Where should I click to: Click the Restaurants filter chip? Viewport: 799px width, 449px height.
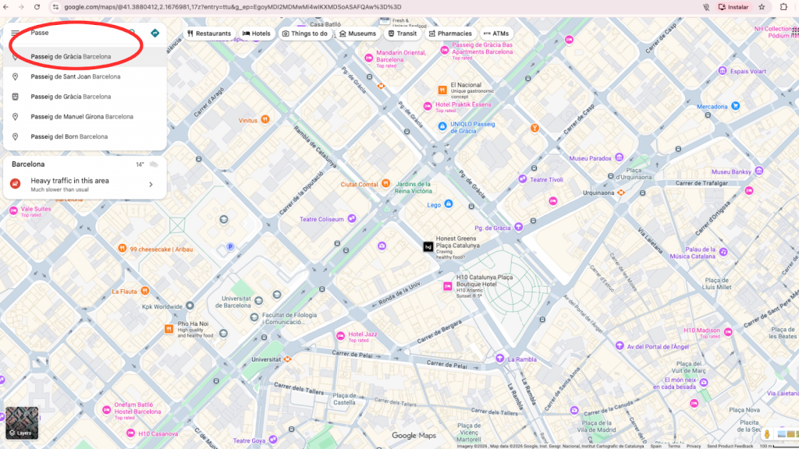click(x=208, y=34)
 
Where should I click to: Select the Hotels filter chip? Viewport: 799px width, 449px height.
click(x=257, y=34)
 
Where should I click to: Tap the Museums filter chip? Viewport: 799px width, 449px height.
click(x=357, y=34)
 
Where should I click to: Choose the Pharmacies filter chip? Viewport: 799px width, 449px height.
click(x=450, y=34)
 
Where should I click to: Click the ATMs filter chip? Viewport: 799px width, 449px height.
click(x=495, y=34)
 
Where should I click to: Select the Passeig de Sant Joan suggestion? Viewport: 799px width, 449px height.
click(x=76, y=77)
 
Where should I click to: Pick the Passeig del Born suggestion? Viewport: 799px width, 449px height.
click(x=69, y=136)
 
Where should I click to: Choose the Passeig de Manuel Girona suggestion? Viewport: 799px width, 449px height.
click(x=82, y=117)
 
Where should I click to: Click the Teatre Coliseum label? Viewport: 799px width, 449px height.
click(x=321, y=219)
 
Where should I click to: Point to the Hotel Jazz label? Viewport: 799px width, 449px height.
click(x=362, y=334)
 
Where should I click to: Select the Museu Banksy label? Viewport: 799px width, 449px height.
click(x=730, y=171)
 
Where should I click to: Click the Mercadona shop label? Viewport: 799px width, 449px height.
click(x=712, y=107)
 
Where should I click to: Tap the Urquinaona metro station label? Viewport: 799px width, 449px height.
click(x=599, y=192)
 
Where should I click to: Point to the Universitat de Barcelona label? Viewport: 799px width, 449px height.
click(x=236, y=302)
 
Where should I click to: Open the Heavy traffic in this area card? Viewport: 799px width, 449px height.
click(x=82, y=184)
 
